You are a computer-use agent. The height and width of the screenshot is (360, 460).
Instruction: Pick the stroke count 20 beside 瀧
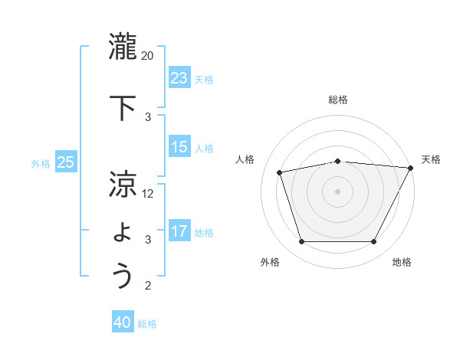(148, 56)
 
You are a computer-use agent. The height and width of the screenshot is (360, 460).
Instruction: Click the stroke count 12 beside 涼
(148, 194)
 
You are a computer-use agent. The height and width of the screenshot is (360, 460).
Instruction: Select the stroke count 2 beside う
(148, 286)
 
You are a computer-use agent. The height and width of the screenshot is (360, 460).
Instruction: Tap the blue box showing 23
(179, 78)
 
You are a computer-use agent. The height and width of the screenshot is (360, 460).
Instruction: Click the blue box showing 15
(179, 147)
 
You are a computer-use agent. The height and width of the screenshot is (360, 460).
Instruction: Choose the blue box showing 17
(179, 231)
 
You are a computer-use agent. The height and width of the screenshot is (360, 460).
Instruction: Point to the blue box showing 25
(66, 162)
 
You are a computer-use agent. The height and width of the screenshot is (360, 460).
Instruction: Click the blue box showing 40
(123, 322)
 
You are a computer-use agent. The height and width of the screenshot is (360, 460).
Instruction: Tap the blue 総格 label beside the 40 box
(147, 324)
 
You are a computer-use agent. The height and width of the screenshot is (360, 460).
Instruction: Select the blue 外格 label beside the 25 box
(41, 163)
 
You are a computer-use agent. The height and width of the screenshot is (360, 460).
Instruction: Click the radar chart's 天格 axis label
(431, 159)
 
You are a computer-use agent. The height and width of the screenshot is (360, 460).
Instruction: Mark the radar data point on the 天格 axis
(411, 168)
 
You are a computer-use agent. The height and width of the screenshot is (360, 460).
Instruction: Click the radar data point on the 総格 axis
(338, 161)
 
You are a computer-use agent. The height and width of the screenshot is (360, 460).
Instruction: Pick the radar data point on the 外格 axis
(301, 242)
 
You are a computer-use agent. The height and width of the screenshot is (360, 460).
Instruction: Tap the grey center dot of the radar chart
(338, 191)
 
